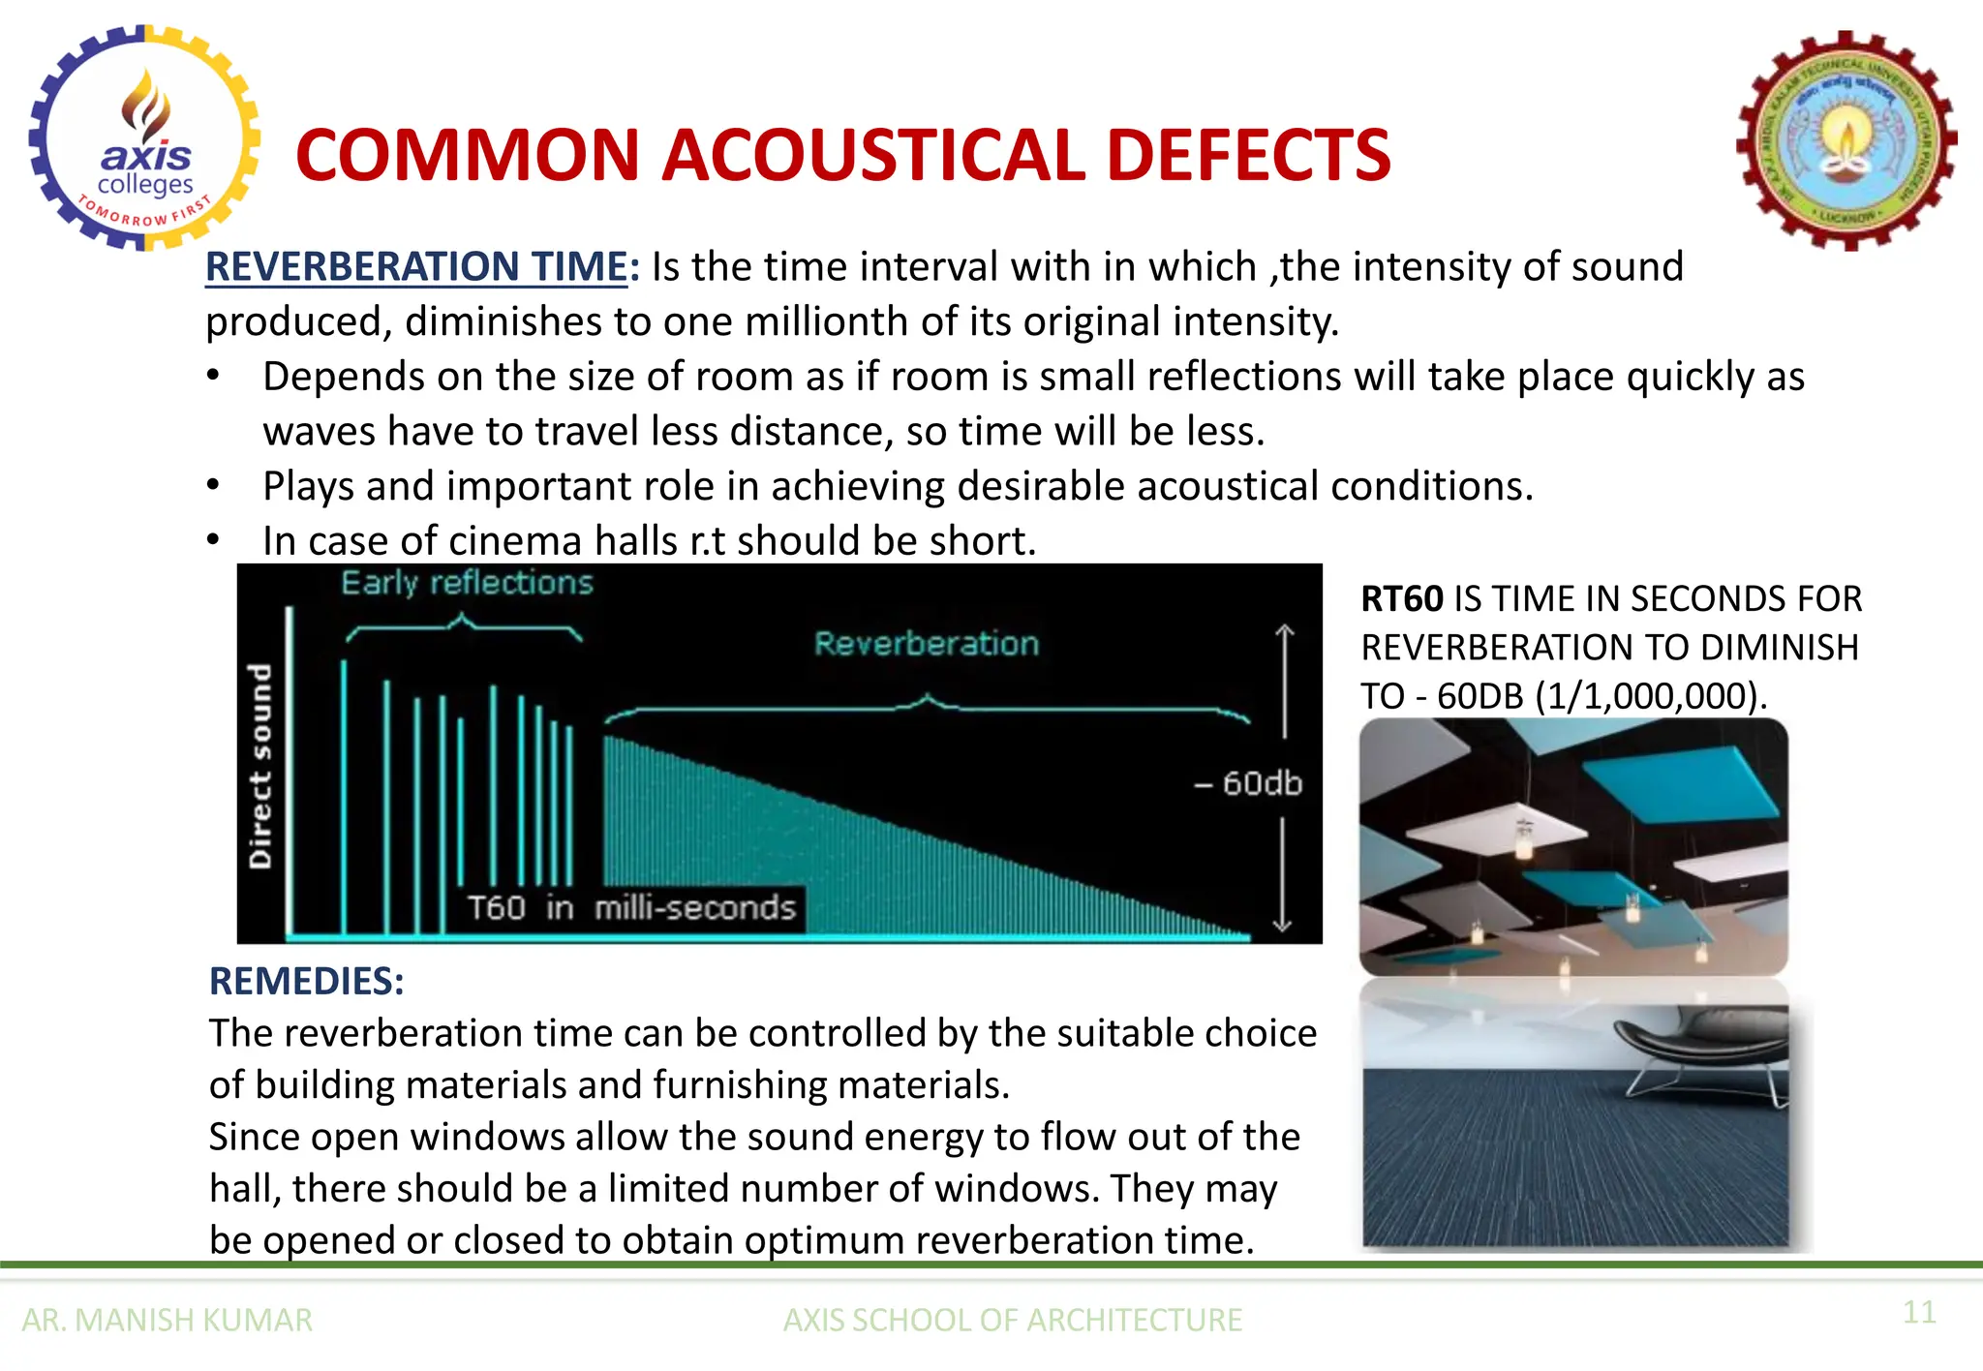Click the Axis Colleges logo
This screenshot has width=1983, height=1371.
click(145, 137)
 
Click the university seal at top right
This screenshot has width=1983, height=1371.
click(1846, 141)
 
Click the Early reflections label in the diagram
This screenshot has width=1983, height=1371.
click(467, 583)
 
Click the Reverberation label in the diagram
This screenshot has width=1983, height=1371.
click(926, 644)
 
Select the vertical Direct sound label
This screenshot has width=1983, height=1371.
click(259, 765)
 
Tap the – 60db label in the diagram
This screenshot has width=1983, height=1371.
click(1248, 782)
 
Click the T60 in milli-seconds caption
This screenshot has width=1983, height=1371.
click(630, 908)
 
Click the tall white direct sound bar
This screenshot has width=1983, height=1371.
click(289, 770)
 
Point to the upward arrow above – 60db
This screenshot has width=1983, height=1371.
click(1284, 678)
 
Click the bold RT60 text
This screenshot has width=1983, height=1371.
click(1401, 599)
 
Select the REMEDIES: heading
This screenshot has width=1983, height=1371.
click(306, 982)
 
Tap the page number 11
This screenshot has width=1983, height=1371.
click(1918, 1313)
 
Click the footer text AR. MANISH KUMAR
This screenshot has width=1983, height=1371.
click(167, 1321)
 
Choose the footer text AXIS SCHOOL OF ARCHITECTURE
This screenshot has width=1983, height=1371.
click(1012, 1321)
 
